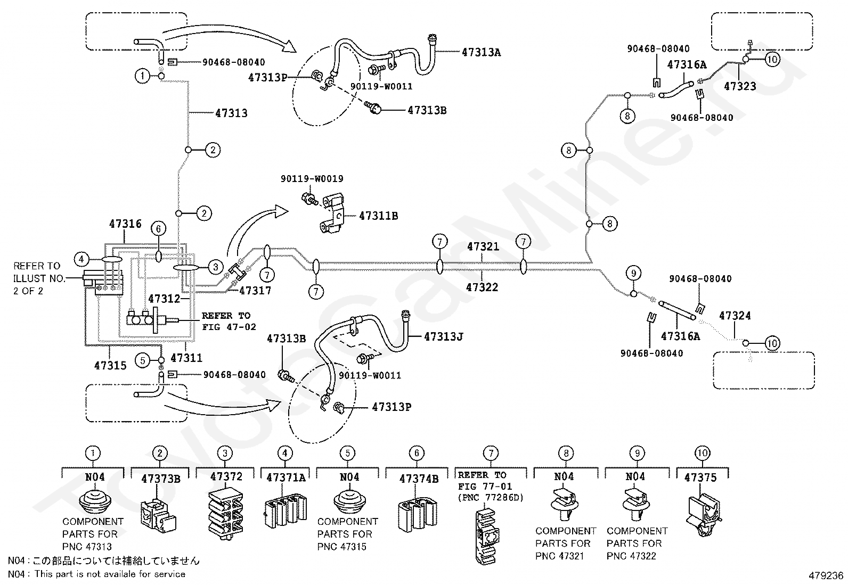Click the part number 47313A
point(481,52)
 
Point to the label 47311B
point(378,216)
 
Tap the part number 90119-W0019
point(312,179)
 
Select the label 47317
point(255,290)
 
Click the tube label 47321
point(483,246)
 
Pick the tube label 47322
point(482,287)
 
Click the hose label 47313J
point(443,336)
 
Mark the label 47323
point(740,86)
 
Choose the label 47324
point(735,315)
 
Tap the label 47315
point(110,365)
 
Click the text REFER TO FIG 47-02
point(229,321)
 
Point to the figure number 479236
point(826,575)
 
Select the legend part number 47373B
point(161,479)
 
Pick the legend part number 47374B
point(419,479)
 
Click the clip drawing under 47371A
point(286,512)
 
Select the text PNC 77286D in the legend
point(491,498)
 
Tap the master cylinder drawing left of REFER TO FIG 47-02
point(152,320)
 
